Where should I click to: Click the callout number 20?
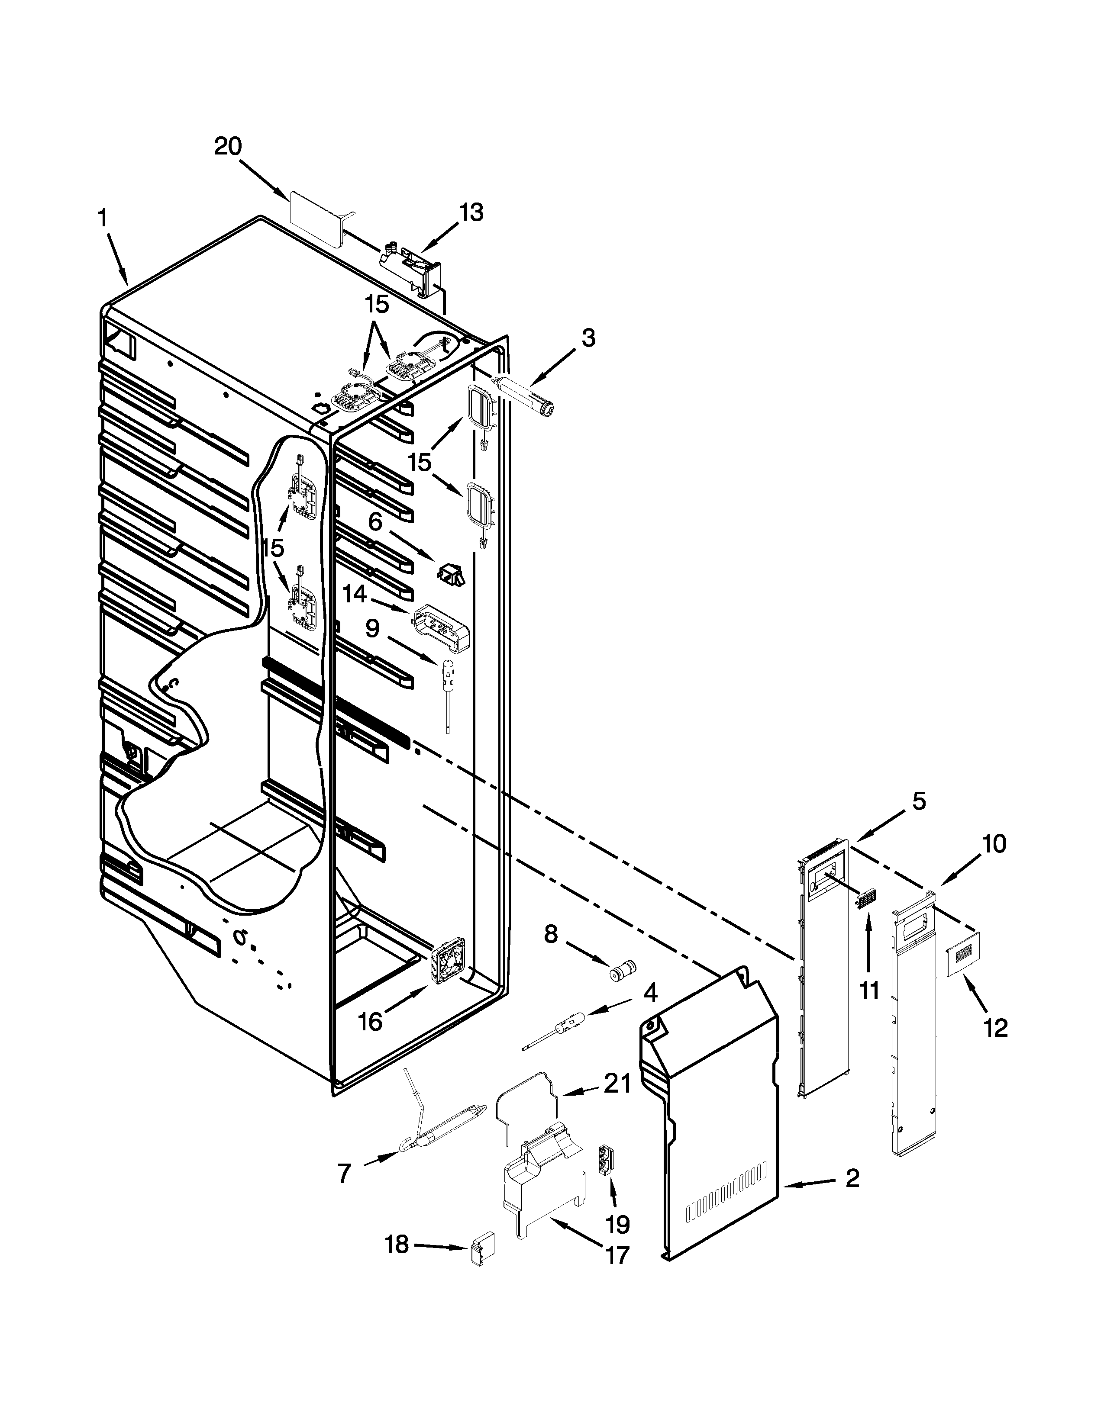tap(228, 146)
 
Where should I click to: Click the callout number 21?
tap(617, 1084)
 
